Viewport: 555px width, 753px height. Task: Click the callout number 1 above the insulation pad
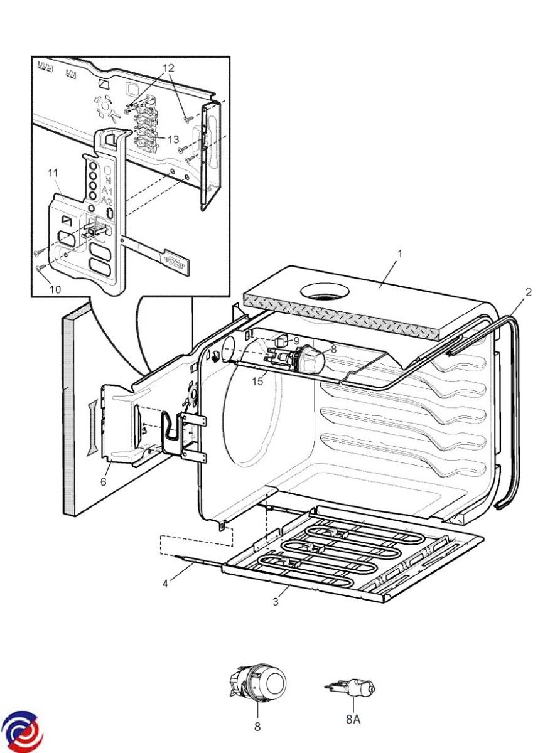coord(399,254)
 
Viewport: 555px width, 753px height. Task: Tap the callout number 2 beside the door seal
coord(529,292)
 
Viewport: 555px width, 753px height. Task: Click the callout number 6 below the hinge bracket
coord(103,482)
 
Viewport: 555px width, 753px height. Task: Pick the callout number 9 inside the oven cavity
coord(296,341)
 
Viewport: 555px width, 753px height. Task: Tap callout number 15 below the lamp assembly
coord(257,382)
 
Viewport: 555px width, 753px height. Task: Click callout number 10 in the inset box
coord(55,289)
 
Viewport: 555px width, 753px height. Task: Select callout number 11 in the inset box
coord(53,173)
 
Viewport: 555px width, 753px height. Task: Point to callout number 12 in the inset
coord(168,68)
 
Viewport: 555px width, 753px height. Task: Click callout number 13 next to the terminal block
coord(173,139)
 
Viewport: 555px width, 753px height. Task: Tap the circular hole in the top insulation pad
coord(325,291)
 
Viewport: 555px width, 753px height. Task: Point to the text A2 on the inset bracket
coord(107,201)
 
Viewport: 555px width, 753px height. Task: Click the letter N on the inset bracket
coord(109,181)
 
